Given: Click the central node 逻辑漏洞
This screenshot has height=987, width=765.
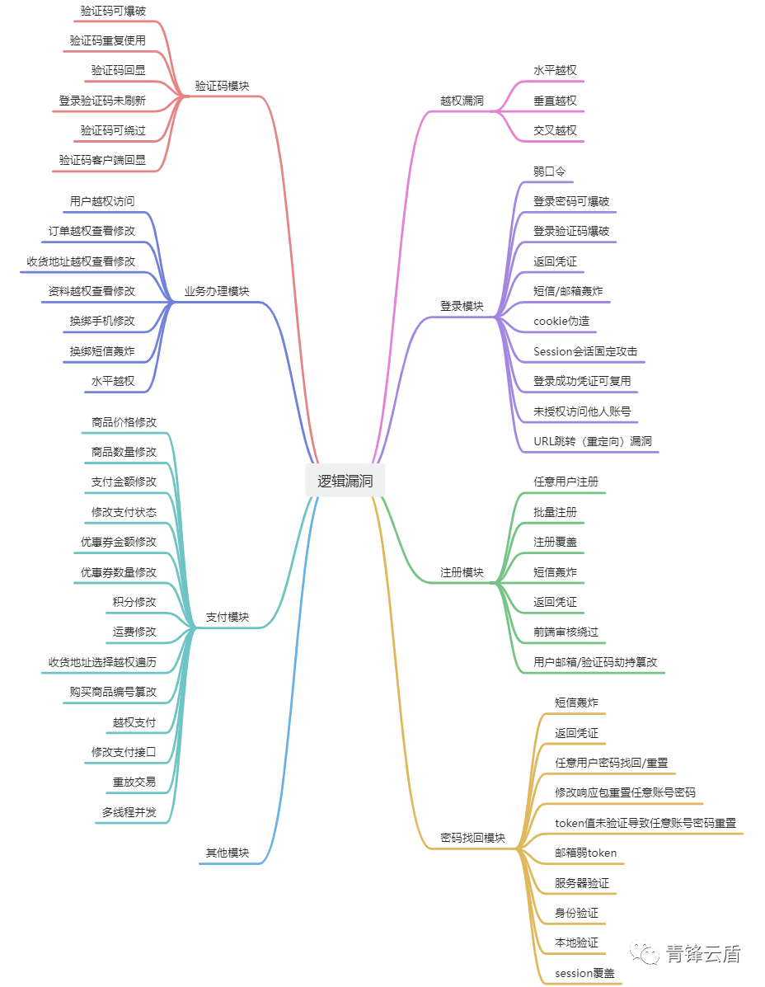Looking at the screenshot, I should [345, 482].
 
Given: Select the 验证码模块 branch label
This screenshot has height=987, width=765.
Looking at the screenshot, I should [222, 86].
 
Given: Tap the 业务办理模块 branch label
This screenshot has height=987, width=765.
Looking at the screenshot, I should [217, 291].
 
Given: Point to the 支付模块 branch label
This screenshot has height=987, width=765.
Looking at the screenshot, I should [228, 617].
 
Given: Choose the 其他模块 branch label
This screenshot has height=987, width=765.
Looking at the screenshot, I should [228, 853].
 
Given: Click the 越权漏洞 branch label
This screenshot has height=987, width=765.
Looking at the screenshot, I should [462, 101].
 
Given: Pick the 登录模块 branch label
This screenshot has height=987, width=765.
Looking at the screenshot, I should [462, 306].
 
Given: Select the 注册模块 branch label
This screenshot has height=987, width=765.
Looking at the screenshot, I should [462, 572].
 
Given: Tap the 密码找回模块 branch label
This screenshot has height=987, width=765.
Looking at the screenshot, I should [472, 838].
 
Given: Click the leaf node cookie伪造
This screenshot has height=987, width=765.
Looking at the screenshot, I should [561, 321].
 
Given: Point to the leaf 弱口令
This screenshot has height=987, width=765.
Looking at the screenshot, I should [549, 172].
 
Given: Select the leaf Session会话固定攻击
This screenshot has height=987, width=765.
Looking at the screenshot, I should [585, 351].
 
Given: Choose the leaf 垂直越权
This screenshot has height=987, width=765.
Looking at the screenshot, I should [555, 101].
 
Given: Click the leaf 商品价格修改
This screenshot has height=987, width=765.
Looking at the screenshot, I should [124, 422].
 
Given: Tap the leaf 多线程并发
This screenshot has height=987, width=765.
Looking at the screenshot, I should [129, 812].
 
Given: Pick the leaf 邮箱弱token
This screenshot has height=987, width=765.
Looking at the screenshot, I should [585, 853].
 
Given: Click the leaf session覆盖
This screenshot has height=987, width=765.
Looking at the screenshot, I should [584, 973].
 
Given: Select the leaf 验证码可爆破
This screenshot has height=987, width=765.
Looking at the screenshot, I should [113, 11].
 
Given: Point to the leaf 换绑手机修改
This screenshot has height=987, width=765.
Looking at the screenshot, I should [102, 321].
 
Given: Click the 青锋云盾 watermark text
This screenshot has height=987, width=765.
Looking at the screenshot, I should [703, 954].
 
